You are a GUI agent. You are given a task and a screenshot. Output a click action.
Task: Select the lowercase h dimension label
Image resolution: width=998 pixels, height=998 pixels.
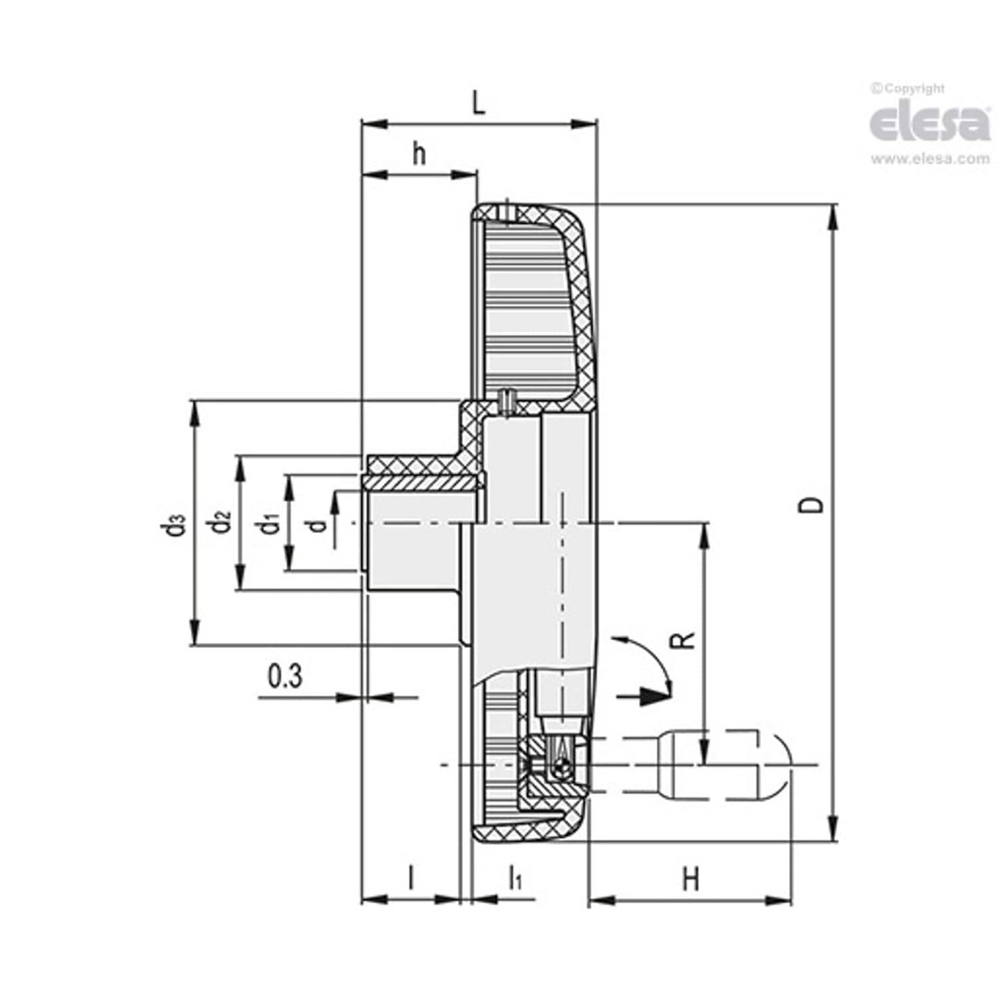click(419, 153)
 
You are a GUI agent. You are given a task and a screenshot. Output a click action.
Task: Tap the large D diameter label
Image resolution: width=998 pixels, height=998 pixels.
click(812, 503)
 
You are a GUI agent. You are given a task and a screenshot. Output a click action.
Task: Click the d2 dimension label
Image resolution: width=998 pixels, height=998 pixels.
click(221, 523)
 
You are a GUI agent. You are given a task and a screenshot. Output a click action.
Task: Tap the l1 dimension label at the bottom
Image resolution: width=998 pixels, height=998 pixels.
click(515, 878)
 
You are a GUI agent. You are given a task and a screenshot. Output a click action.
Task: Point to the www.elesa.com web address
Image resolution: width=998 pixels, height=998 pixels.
click(930, 159)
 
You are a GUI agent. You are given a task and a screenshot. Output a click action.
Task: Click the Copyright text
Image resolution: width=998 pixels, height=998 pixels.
click(908, 89)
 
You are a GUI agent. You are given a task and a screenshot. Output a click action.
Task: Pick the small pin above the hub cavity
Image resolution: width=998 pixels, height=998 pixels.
click(507, 399)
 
